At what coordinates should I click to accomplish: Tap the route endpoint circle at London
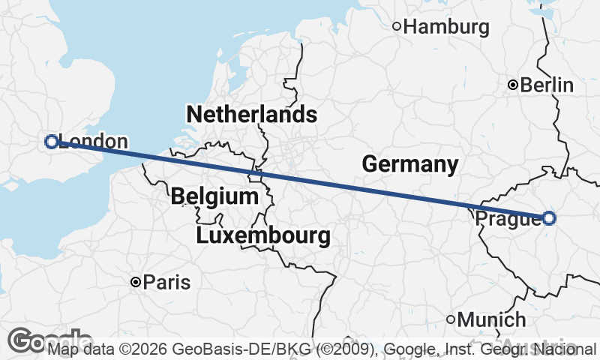[52, 141]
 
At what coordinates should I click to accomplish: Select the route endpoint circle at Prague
[549, 218]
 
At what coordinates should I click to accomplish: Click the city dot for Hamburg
[397, 27]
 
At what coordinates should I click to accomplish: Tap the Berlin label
[547, 85]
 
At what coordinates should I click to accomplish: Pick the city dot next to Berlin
[512, 85]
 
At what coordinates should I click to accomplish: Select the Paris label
[166, 283]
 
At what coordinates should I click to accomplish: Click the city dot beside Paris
[135, 283]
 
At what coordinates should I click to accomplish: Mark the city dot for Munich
[451, 319]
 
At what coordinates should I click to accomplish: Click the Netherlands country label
[251, 115]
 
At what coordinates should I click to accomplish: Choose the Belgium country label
[214, 197]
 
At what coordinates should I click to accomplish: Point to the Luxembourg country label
[262, 236]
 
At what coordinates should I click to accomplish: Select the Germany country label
[409, 163]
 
